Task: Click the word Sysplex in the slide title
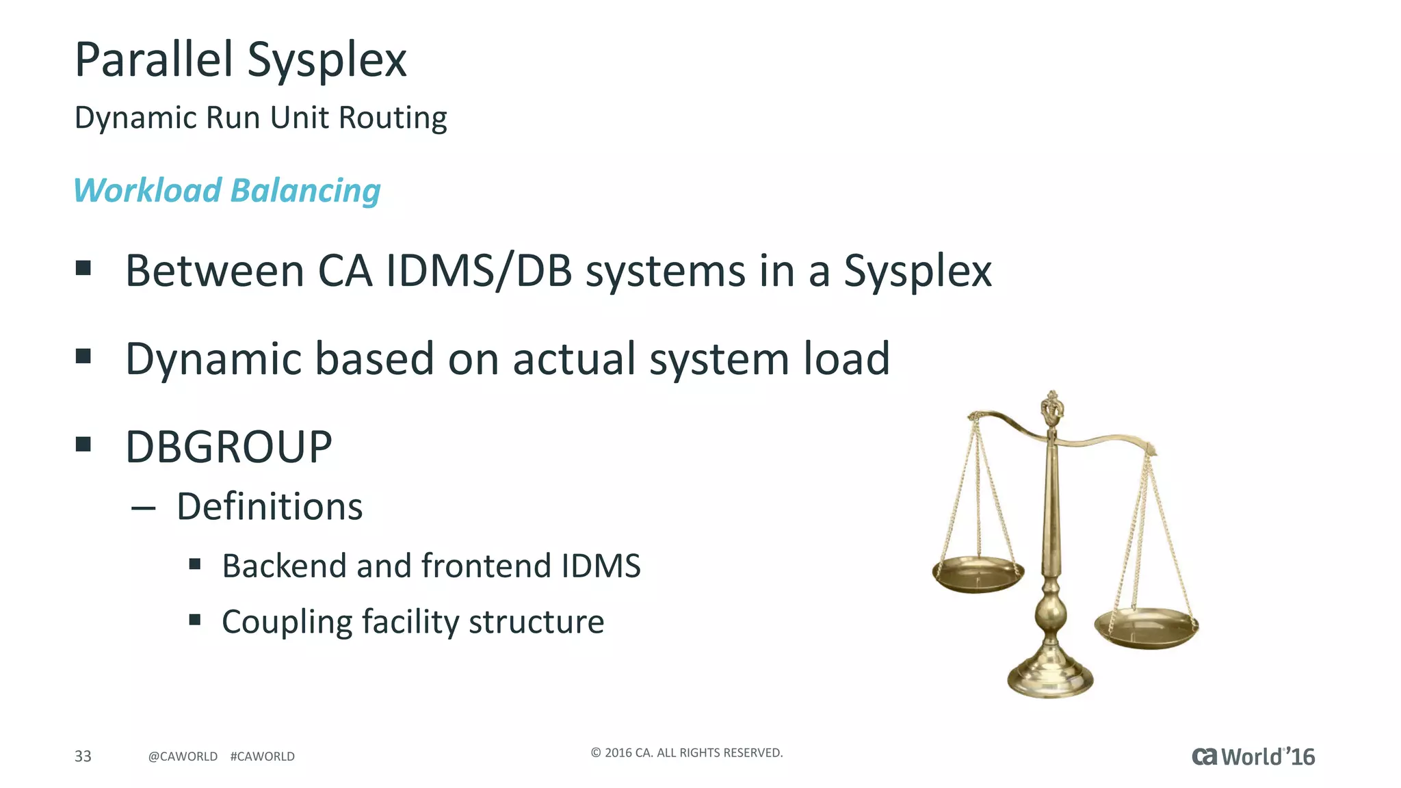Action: tap(326, 60)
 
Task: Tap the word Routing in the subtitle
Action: tap(393, 118)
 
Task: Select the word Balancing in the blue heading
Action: tap(305, 190)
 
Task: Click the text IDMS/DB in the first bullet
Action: tap(479, 271)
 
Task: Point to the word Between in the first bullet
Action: tap(214, 271)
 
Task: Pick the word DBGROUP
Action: tap(228, 447)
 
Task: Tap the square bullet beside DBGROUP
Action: tap(83, 445)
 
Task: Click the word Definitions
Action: tap(270, 507)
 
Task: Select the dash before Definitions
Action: tap(143, 508)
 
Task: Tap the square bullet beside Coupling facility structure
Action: tap(195, 620)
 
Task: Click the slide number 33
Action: tap(83, 756)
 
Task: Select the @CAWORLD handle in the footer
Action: tap(183, 757)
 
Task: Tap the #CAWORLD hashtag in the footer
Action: tap(263, 757)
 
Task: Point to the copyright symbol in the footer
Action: tap(596, 753)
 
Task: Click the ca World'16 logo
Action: tap(1253, 757)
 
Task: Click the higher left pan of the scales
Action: tap(978, 573)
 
